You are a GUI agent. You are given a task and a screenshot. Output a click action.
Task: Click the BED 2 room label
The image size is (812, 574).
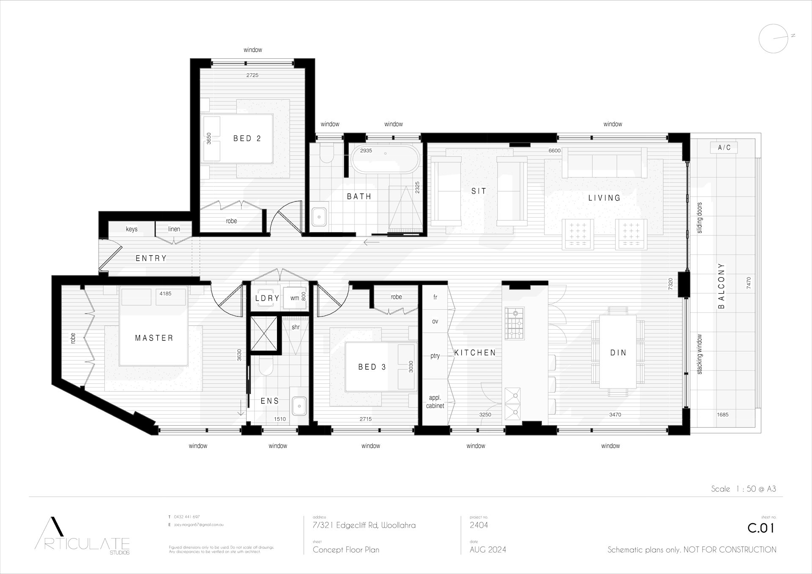247,138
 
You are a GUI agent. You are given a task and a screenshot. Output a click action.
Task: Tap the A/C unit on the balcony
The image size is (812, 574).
724,148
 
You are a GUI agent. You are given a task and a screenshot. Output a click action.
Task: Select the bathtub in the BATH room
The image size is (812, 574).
385,159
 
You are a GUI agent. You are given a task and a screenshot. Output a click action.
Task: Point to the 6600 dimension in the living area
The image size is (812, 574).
554,150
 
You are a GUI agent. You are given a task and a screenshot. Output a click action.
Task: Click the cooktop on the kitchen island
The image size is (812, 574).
514,323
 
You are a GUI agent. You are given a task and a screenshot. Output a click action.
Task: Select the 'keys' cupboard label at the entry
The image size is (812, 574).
132,229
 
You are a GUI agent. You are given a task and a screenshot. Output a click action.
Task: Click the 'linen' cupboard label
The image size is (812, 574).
174,229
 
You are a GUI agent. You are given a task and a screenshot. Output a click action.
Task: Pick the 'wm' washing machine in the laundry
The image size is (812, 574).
294,298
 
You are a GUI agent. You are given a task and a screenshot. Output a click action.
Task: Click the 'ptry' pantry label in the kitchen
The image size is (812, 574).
435,356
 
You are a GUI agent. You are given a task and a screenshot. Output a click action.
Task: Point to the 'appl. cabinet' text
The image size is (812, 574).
435,402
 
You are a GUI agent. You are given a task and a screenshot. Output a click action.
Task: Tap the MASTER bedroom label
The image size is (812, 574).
154,338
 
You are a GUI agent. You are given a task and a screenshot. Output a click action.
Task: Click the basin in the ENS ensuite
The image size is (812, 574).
299,406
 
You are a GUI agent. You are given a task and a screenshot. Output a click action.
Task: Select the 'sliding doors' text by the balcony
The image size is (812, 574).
700,218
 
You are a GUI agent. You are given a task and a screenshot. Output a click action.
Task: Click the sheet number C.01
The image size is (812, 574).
761,528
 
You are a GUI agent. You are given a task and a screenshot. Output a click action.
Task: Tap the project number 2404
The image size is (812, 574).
479,525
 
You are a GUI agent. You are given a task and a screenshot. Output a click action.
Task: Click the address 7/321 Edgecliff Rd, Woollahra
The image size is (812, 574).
364,525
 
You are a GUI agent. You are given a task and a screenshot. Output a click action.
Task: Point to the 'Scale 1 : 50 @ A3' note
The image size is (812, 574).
743,489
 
